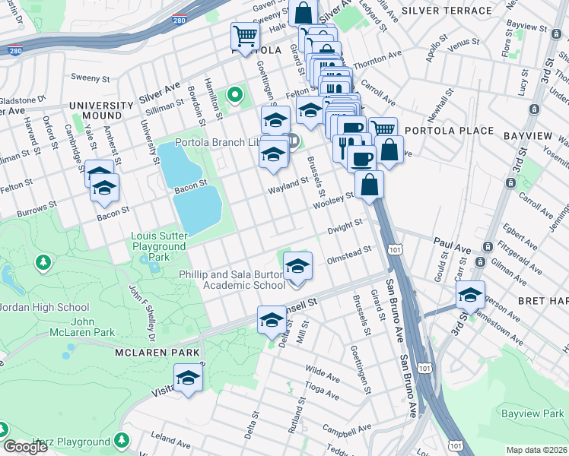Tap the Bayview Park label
pyautogui.click(x=532, y=413)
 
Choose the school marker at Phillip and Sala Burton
pyautogui.click(x=297, y=268)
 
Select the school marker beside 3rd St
pyautogui.click(x=470, y=296)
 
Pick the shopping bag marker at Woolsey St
pyautogui.click(x=369, y=184)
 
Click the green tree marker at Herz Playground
pyautogui.click(x=122, y=440)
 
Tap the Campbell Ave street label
pyautogui.click(x=340, y=430)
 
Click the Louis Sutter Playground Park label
pyautogui.click(x=159, y=246)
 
